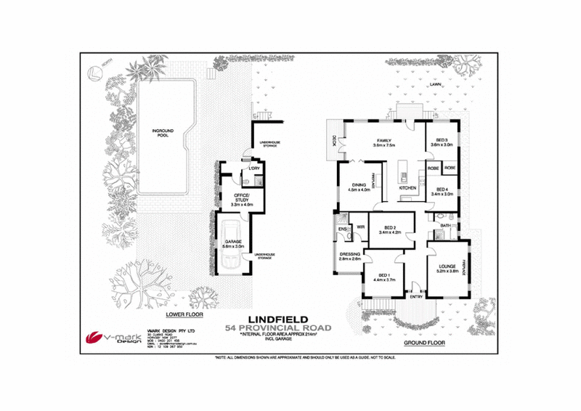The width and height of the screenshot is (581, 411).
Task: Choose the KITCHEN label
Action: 407,188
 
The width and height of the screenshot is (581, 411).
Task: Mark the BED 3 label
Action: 443,142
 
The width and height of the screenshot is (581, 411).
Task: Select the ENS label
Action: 341,231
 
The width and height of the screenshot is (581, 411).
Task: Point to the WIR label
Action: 359,227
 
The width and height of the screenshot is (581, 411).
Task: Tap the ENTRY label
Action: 416,296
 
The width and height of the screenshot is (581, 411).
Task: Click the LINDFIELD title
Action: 280,318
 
